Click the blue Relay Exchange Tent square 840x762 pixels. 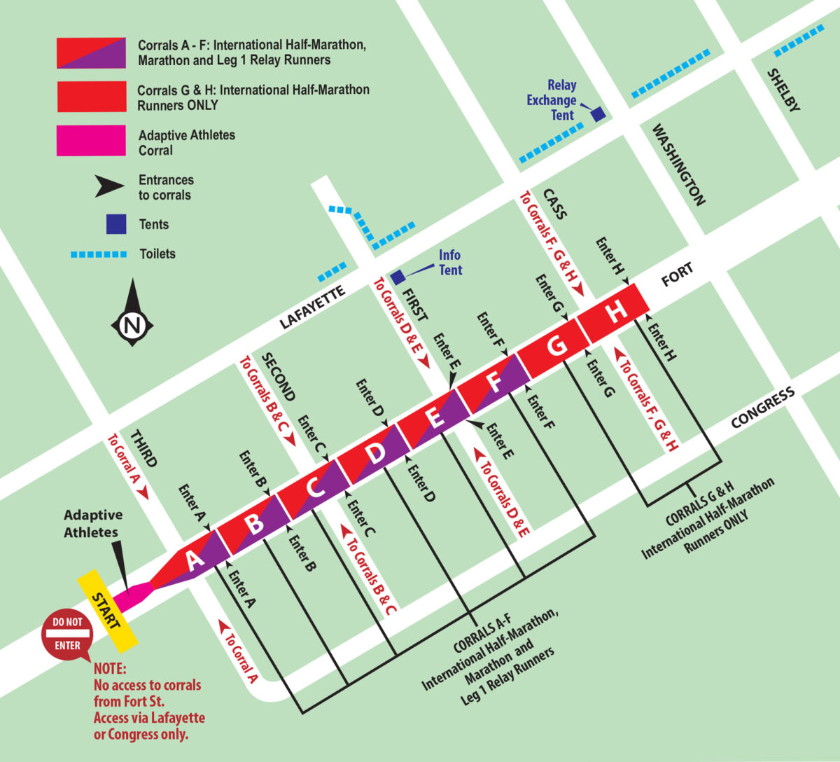coord(598,114)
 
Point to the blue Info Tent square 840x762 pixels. coord(397,277)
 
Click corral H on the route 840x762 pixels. coord(616,312)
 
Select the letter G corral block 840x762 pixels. coord(556,347)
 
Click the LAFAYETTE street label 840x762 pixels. coord(313,307)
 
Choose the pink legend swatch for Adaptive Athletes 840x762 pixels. coord(91,141)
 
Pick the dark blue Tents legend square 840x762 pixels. coord(116,224)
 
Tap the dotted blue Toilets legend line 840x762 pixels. coord(99,254)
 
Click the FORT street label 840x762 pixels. coord(677,275)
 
